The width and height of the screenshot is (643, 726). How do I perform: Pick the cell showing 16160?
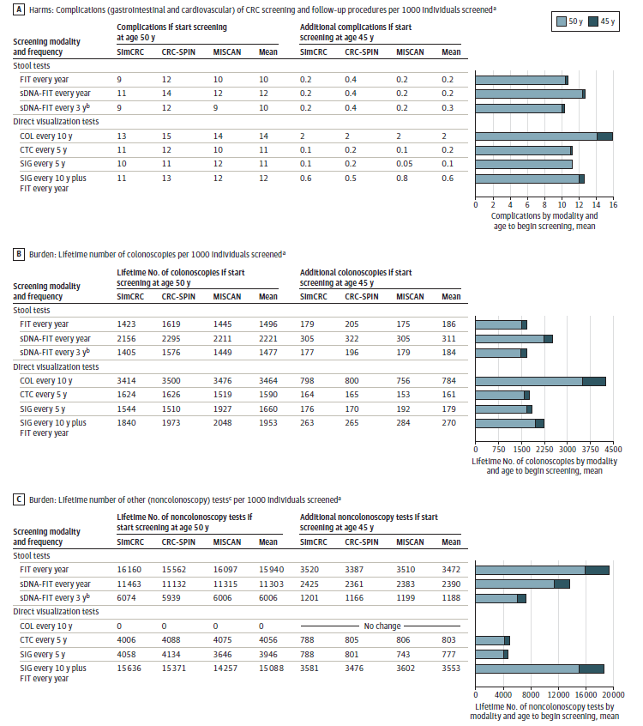click(x=130, y=569)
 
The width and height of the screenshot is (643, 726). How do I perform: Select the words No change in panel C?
click(x=382, y=626)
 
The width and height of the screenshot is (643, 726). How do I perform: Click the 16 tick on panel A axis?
click(x=614, y=205)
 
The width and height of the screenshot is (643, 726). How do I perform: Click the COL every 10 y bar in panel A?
click(x=544, y=136)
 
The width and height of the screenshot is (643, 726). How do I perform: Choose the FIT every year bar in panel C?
click(x=542, y=569)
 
